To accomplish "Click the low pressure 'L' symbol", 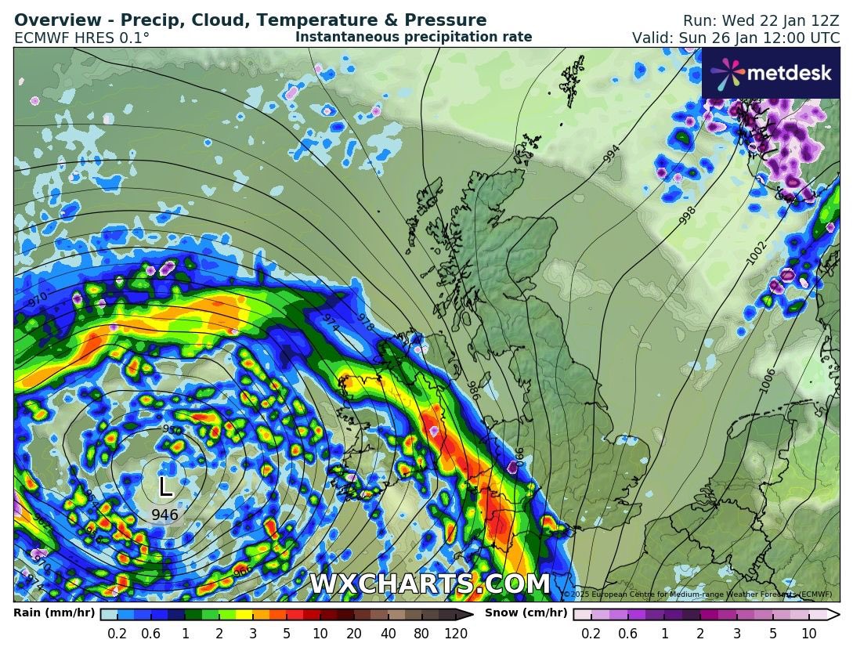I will [165, 487].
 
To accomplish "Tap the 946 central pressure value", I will [164, 515].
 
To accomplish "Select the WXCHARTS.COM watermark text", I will [429, 584].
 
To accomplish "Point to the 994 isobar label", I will [612, 154].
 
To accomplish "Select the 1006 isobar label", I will [768, 380].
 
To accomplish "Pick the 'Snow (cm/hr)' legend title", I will [526, 612].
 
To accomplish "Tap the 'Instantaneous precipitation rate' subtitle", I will [414, 37].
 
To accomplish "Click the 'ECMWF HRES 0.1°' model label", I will [81, 38].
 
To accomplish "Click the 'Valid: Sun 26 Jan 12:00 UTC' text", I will [736, 38].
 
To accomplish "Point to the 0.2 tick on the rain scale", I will [117, 634].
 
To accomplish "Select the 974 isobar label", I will [331, 323].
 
